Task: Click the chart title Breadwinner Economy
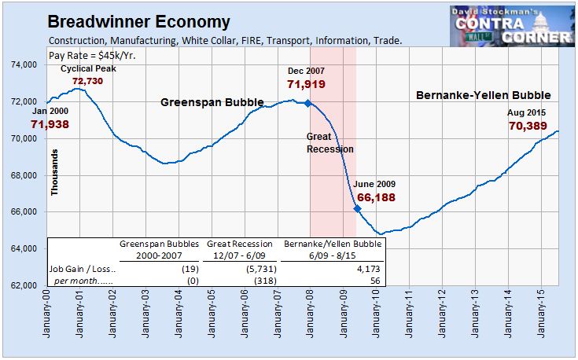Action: point(139,22)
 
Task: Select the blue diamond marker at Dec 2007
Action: point(308,103)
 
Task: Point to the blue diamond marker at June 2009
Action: point(357,208)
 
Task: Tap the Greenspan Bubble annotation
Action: point(212,102)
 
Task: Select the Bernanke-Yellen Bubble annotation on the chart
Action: point(483,95)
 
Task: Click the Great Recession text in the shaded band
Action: point(329,142)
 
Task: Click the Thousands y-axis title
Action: point(55,173)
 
